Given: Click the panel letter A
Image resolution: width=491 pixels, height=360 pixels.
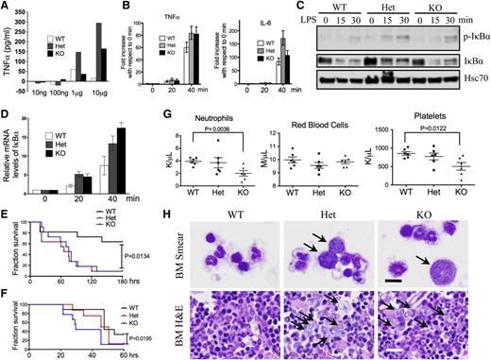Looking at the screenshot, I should point(6,7).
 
